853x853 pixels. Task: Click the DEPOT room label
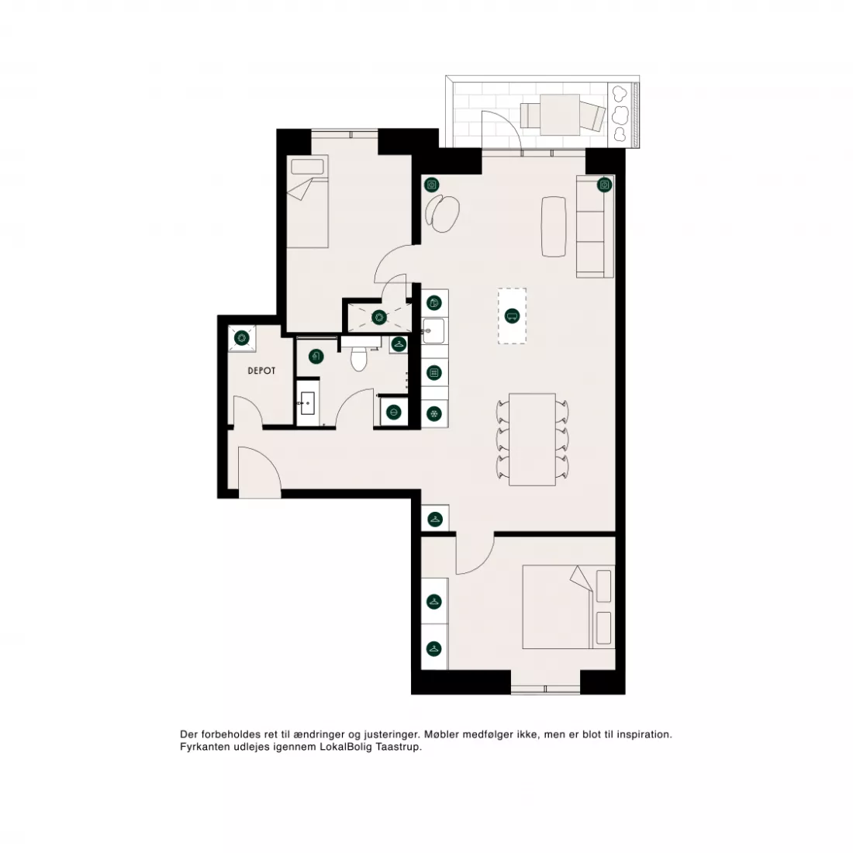[x=261, y=371]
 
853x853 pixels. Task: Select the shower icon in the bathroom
[x=316, y=357]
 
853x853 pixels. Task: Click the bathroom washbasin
[x=307, y=402]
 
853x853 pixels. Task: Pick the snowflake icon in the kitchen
[x=433, y=414]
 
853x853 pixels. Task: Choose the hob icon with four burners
[x=433, y=373]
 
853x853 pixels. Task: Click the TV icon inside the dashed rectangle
[x=512, y=316]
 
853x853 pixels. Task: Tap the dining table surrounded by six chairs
[x=532, y=440]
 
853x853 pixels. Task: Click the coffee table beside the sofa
[x=554, y=226]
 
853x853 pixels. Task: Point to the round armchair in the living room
[x=442, y=214]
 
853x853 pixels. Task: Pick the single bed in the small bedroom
[x=308, y=202]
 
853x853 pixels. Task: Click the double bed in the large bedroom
[x=568, y=606]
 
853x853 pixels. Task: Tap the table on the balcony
[x=560, y=114]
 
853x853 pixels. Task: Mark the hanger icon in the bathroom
[x=399, y=344]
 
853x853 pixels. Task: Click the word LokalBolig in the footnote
[x=344, y=747]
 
